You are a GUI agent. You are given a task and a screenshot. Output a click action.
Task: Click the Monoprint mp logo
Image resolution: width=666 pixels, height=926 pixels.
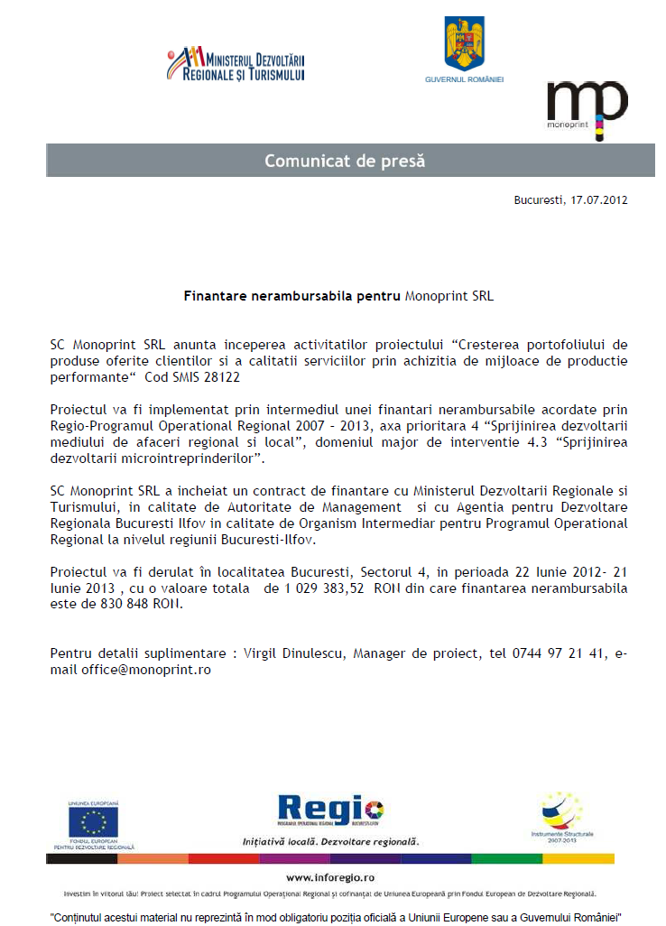586,107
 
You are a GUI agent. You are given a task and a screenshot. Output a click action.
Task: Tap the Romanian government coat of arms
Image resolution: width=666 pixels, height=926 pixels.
464,45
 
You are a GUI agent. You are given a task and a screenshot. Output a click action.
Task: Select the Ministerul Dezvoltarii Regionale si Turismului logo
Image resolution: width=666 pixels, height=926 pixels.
236,65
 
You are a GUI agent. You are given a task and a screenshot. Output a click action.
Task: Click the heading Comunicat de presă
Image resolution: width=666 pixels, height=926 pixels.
345,161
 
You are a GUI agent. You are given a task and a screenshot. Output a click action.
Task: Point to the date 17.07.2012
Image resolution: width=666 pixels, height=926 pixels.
599,199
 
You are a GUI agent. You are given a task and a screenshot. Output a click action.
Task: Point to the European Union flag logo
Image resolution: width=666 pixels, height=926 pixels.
93,821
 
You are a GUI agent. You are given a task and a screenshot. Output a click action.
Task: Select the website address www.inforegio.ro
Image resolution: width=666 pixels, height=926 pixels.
330,876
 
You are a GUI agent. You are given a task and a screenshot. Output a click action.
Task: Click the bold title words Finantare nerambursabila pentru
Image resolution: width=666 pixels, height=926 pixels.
292,295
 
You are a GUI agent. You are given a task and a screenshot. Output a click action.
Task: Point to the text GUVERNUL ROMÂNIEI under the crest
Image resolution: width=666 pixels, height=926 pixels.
464,79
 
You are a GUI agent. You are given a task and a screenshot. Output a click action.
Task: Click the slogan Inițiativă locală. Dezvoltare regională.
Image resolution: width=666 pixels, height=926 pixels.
331,840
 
